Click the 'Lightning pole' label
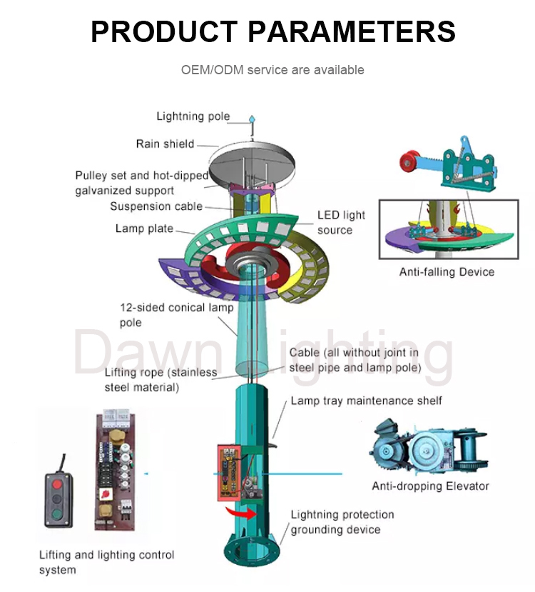point(193,116)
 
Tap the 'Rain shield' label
point(165,144)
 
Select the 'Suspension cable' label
point(156,206)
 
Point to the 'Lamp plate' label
point(144,229)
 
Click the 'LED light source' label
point(340,222)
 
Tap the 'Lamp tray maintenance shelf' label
point(366,401)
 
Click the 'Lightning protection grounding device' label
point(342,522)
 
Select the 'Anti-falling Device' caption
point(447,271)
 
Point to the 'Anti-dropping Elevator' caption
point(430,486)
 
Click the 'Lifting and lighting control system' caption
point(106,562)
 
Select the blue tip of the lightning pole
point(251,119)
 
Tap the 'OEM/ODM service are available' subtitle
point(272,70)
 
